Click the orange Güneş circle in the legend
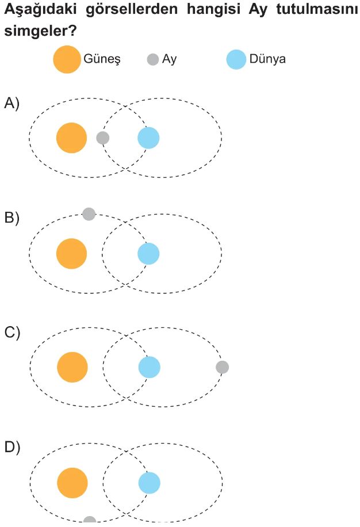tap(67, 59)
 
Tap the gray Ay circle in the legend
tap(153, 59)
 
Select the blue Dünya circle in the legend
tap(236, 59)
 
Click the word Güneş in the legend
tap(101, 59)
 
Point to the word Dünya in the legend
tap(267, 59)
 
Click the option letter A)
tap(12, 103)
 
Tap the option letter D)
tap(12, 448)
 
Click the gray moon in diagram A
tap(103, 138)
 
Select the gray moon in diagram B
tap(89, 214)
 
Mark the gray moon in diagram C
tap(222, 367)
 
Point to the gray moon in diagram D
tap(90, 521)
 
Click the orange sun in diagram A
tap(71, 138)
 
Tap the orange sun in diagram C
tap(72, 367)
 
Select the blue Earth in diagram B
tap(148, 253)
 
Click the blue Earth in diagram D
tap(150, 483)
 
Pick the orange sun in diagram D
tap(72, 483)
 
